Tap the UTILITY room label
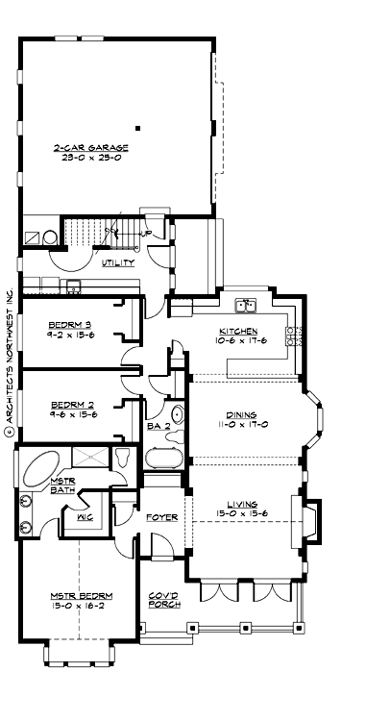point(118,262)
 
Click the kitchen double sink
point(247,306)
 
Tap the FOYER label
point(161,517)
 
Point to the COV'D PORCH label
point(162,599)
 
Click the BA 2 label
point(159,425)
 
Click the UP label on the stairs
point(146,234)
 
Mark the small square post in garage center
point(138,127)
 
